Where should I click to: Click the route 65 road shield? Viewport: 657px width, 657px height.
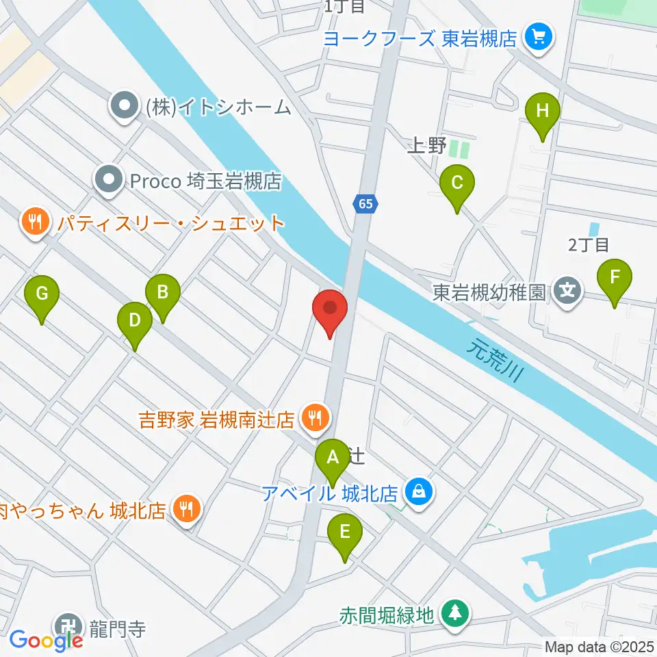point(365,203)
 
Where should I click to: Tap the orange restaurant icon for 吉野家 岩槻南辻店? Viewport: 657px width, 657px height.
point(315,415)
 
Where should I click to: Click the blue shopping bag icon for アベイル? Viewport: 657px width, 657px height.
point(416,491)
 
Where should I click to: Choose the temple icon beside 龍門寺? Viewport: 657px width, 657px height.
point(68,627)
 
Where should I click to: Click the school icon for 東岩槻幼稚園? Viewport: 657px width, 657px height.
point(567,291)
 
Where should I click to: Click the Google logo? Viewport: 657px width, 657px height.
point(46,641)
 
